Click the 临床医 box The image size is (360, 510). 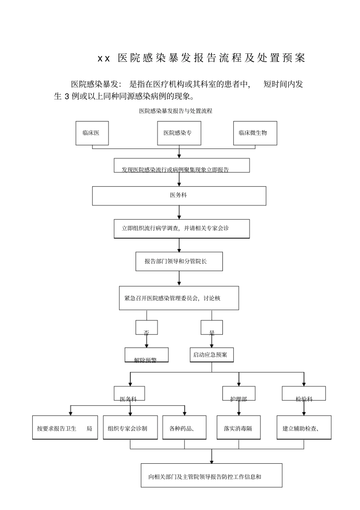92,133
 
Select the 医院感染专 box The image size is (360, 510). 179,133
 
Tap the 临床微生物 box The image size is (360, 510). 255,133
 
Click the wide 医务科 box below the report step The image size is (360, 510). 179,196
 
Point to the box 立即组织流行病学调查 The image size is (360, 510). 182,229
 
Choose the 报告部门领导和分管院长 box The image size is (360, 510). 179,262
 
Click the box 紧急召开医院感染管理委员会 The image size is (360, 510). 179,298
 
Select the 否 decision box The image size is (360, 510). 147,328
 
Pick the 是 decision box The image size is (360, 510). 211,328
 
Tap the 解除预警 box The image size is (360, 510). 146,355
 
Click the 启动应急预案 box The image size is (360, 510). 211,355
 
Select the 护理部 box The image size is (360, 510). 239,394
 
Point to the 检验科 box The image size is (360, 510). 304,394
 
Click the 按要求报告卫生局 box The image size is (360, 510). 65,428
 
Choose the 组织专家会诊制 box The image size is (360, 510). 130,428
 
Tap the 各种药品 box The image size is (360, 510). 185,428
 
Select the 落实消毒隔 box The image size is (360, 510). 238,428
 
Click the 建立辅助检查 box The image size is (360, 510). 304,428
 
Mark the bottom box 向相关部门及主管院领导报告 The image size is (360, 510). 211,475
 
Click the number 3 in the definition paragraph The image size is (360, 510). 67,96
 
